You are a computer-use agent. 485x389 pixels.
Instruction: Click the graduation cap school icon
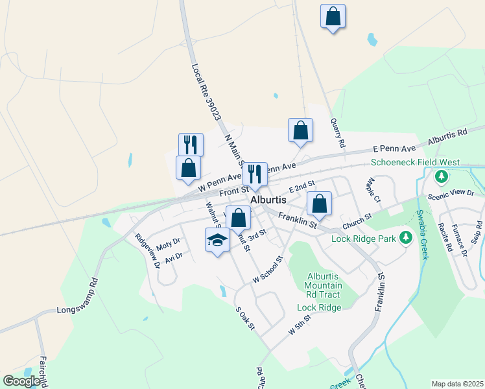(x=217, y=241)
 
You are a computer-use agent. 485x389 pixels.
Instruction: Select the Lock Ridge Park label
(x=363, y=239)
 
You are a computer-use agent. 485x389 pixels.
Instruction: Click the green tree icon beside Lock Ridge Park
(x=406, y=238)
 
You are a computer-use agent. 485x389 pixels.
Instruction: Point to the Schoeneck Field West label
(x=415, y=163)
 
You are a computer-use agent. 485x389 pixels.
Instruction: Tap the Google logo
(x=21, y=381)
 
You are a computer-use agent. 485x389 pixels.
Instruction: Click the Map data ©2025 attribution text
(x=457, y=384)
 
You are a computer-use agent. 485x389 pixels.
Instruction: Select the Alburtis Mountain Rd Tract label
(x=323, y=285)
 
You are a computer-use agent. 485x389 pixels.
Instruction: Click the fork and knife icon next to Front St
(x=255, y=174)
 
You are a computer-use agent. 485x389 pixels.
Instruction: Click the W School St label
(x=268, y=269)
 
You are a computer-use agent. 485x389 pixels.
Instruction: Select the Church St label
(x=357, y=220)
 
